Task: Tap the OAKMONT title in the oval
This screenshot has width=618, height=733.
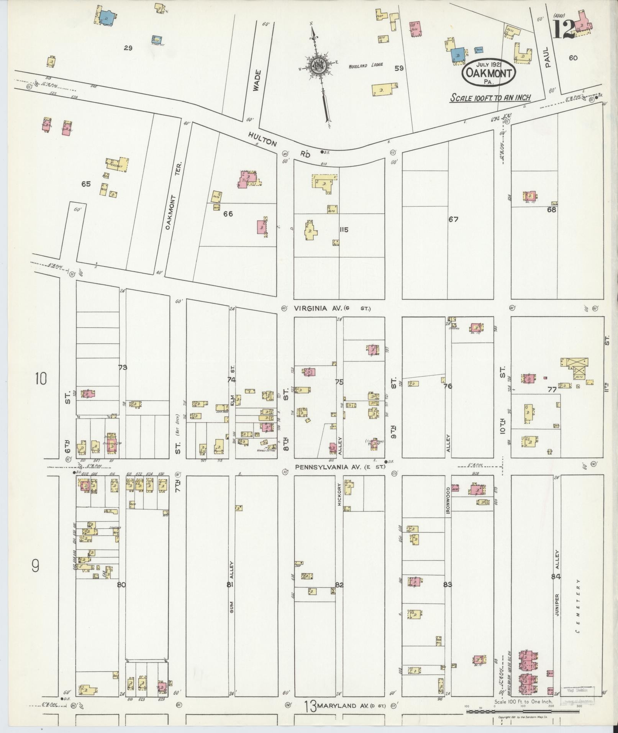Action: click(488, 74)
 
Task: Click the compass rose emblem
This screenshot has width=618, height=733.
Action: click(318, 65)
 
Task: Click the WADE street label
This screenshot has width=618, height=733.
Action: click(257, 80)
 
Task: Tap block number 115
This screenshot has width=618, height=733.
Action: click(344, 230)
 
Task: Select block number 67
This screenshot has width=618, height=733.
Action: click(454, 220)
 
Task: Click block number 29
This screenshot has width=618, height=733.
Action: click(128, 48)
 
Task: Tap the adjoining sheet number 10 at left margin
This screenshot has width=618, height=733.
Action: click(40, 379)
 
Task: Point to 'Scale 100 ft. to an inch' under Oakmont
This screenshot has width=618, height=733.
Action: click(490, 97)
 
